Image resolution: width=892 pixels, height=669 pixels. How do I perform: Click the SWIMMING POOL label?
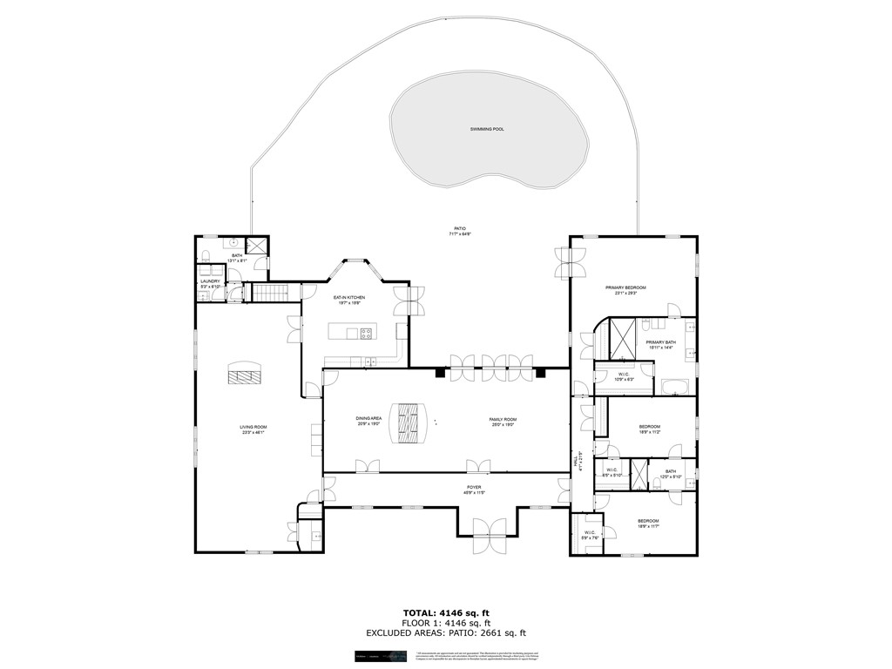click(x=487, y=129)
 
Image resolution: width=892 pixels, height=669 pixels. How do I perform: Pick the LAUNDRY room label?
click(x=210, y=282)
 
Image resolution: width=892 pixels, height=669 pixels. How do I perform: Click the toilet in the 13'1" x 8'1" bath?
click(x=205, y=255)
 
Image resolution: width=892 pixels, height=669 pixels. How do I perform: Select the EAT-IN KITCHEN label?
click(x=348, y=299)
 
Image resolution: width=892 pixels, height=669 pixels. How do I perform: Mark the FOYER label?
click(x=474, y=489)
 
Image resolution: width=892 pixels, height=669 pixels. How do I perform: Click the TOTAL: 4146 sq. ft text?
click(x=445, y=612)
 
